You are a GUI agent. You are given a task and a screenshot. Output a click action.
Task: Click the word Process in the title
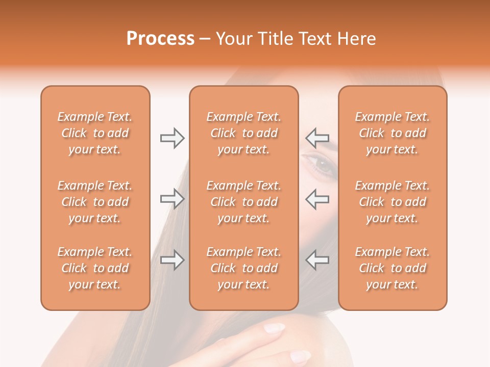tap(160, 39)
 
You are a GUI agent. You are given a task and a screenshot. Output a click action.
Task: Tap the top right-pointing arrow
tap(172, 138)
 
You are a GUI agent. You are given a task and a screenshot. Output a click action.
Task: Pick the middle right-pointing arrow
tap(172, 199)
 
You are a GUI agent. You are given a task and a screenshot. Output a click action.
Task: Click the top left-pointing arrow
tap(317, 138)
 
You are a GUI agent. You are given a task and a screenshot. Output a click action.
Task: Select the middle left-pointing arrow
tap(317, 199)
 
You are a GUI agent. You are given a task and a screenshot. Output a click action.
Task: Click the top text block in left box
tap(95, 133)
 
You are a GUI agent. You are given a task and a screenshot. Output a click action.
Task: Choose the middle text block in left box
tap(95, 202)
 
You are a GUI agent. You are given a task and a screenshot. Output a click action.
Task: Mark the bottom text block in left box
tap(95, 268)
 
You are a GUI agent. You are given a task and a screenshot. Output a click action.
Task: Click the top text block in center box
tap(243, 133)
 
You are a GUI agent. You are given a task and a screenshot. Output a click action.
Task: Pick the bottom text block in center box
tap(243, 268)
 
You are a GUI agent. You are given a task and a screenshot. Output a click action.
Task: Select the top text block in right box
tap(392, 133)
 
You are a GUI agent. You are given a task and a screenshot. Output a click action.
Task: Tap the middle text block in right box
tap(392, 202)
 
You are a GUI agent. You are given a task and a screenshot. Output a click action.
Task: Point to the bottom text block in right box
tap(392, 268)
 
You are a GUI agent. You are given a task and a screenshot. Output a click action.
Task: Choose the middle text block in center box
tap(243, 202)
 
